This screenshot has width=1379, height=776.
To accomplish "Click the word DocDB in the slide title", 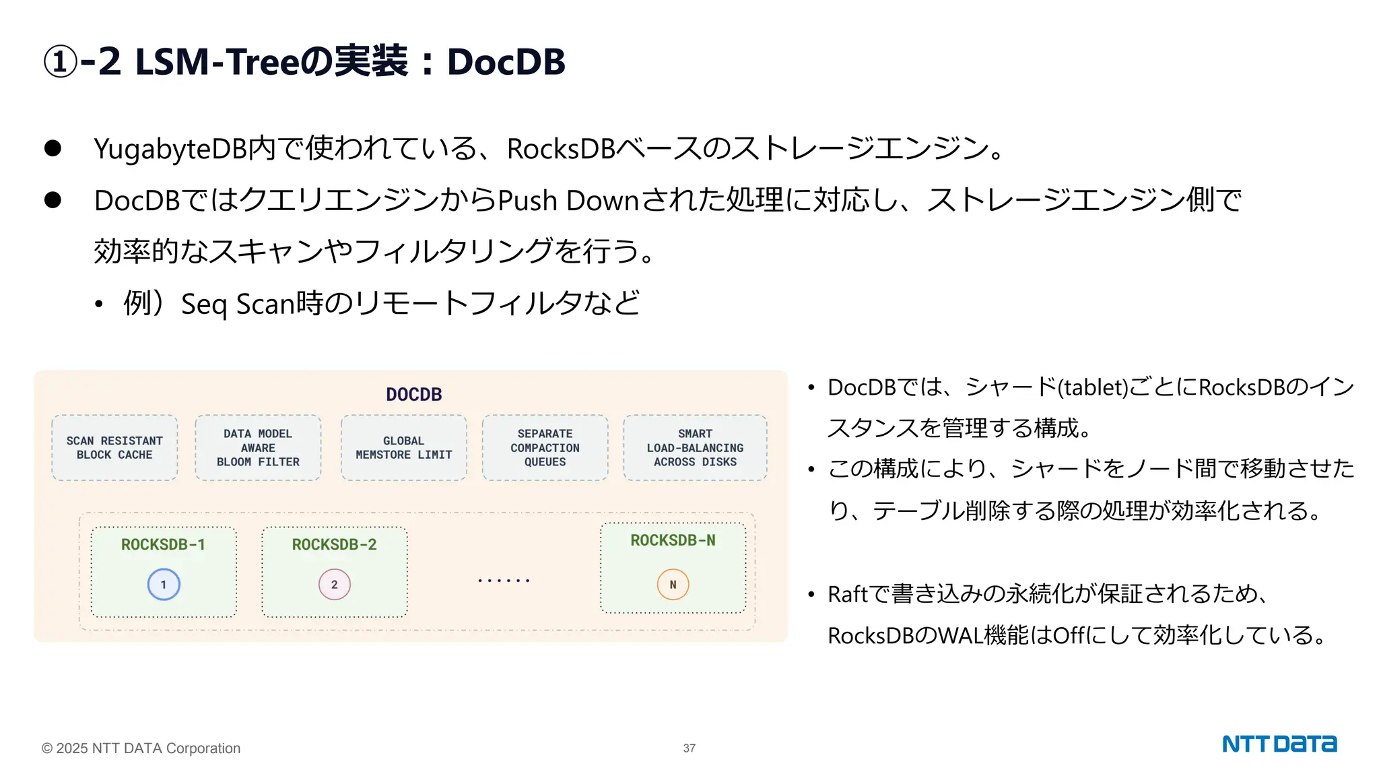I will pos(506,62).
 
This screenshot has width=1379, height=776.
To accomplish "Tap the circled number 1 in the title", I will pos(60,62).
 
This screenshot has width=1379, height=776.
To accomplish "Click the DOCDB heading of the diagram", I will pos(413,395).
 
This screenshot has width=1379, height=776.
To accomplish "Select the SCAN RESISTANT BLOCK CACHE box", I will pos(114,448).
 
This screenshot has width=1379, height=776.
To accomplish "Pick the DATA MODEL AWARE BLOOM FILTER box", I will pos(258,448).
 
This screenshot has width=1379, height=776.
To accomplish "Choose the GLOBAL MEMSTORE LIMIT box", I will pos(403,448).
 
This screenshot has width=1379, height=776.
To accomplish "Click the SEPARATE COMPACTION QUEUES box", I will pos(545,448).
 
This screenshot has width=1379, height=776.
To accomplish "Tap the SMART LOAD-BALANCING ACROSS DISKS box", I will pos(695,448).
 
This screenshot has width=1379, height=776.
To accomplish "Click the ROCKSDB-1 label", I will pos(163,544).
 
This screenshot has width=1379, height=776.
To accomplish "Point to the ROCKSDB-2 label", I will pos(334,544).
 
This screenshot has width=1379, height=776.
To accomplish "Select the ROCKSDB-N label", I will pos(673,540).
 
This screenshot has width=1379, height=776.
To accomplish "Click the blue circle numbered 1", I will pos(164,585).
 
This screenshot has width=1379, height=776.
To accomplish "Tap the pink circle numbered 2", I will pos(335,585).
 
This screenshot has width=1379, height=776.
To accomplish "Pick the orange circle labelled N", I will pos(673,585).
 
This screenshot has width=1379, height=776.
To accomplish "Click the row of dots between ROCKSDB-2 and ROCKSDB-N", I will pos(504,580).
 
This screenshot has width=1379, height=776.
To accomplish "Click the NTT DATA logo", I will pos(1279,744).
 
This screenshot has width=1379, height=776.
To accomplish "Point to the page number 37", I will pos(689,748).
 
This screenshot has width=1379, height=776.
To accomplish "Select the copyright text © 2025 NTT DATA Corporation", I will pos(141,748).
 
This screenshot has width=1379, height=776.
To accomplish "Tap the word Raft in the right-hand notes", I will pos(848,594).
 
